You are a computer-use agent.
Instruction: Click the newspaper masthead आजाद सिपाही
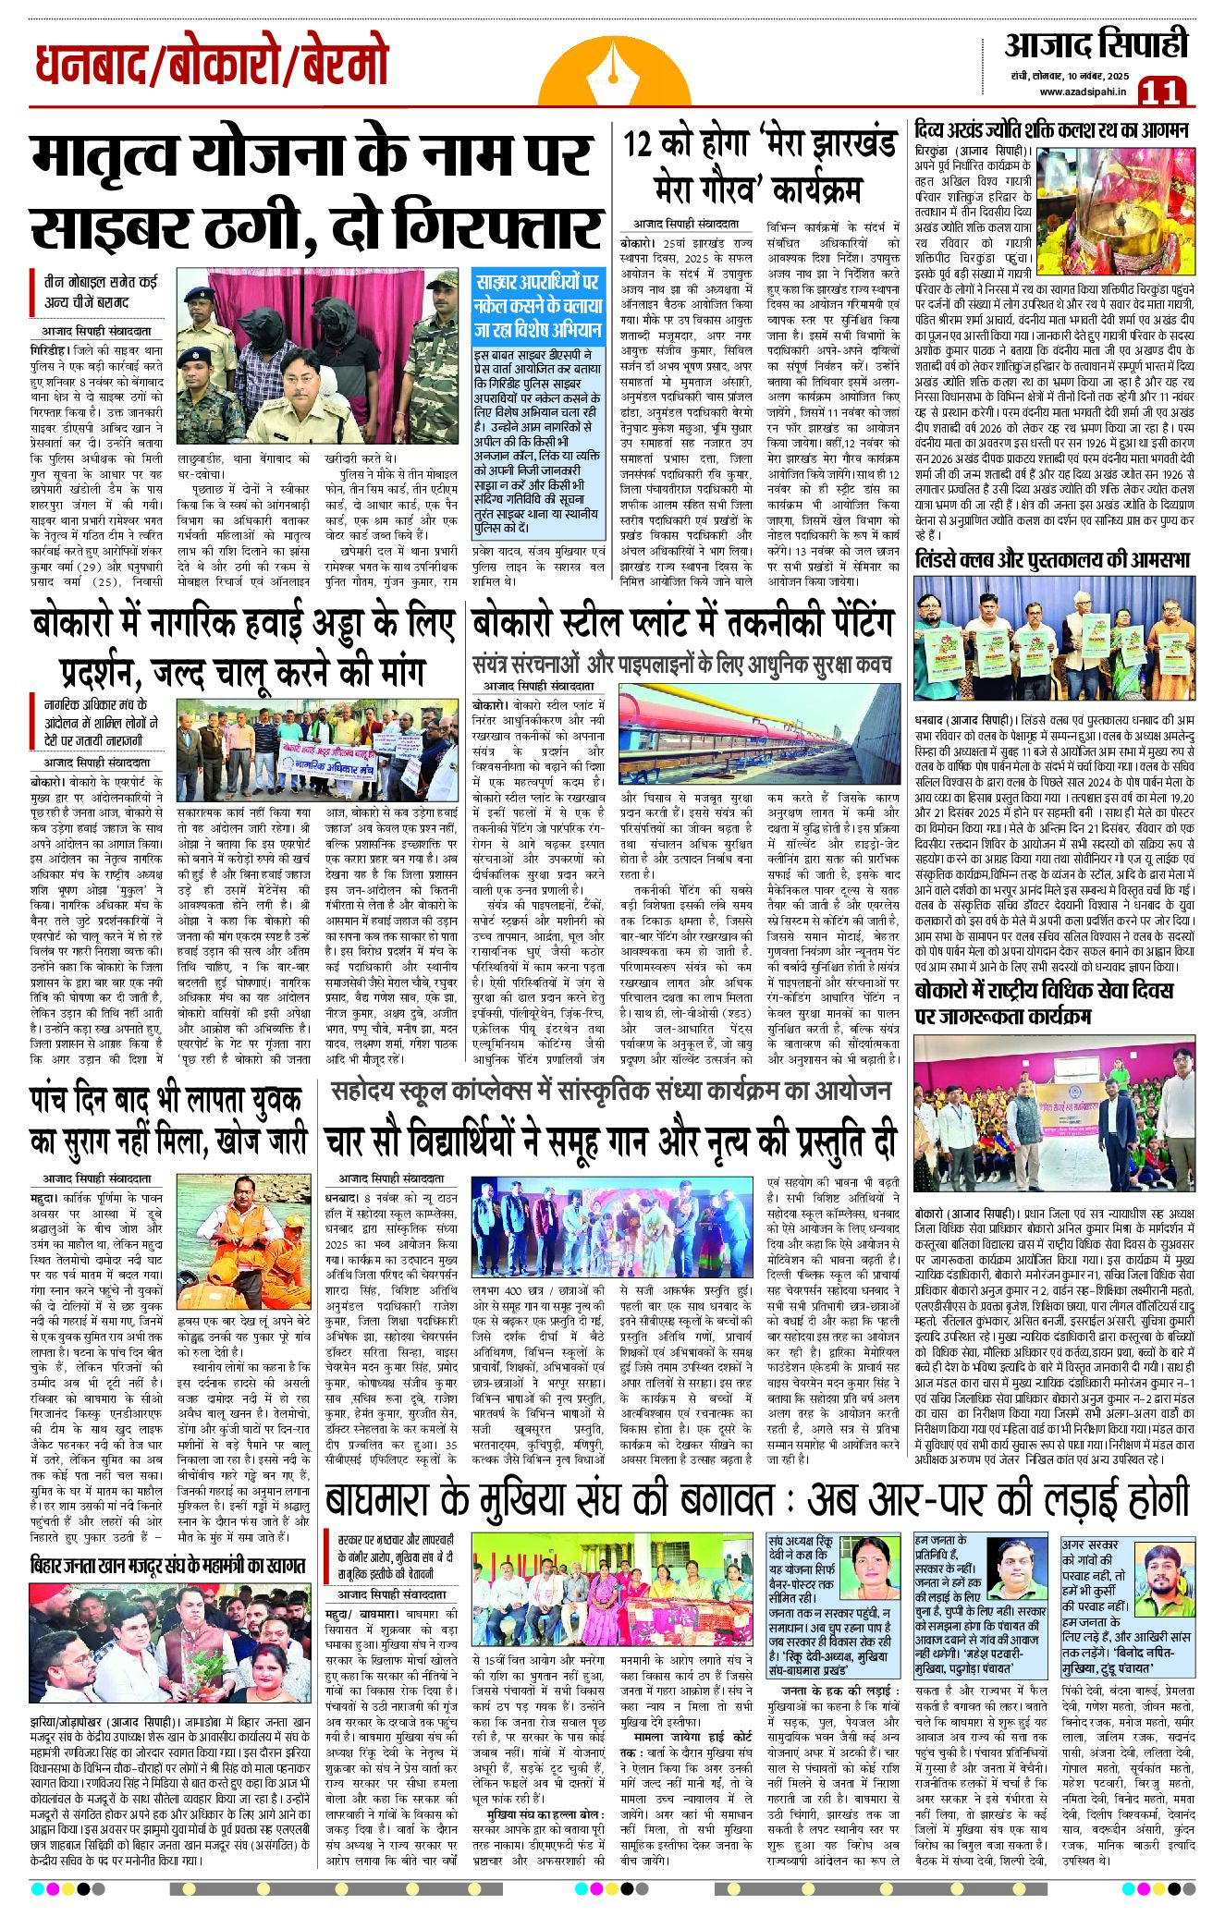(x=1096, y=44)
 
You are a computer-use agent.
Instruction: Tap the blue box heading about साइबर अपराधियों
(x=537, y=305)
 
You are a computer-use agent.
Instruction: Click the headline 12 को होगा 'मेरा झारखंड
(x=759, y=144)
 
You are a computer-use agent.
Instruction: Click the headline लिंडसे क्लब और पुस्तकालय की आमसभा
(x=1051, y=559)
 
